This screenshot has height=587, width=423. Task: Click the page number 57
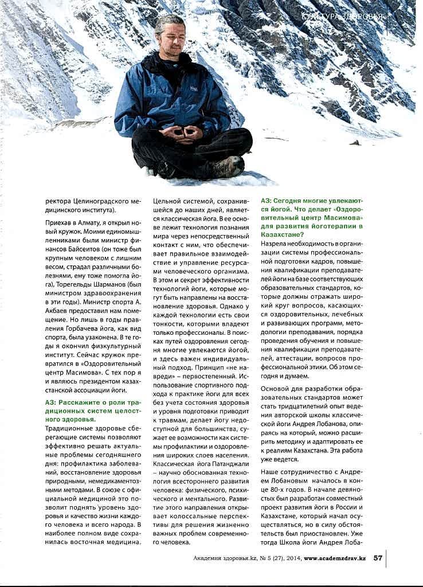378,557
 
